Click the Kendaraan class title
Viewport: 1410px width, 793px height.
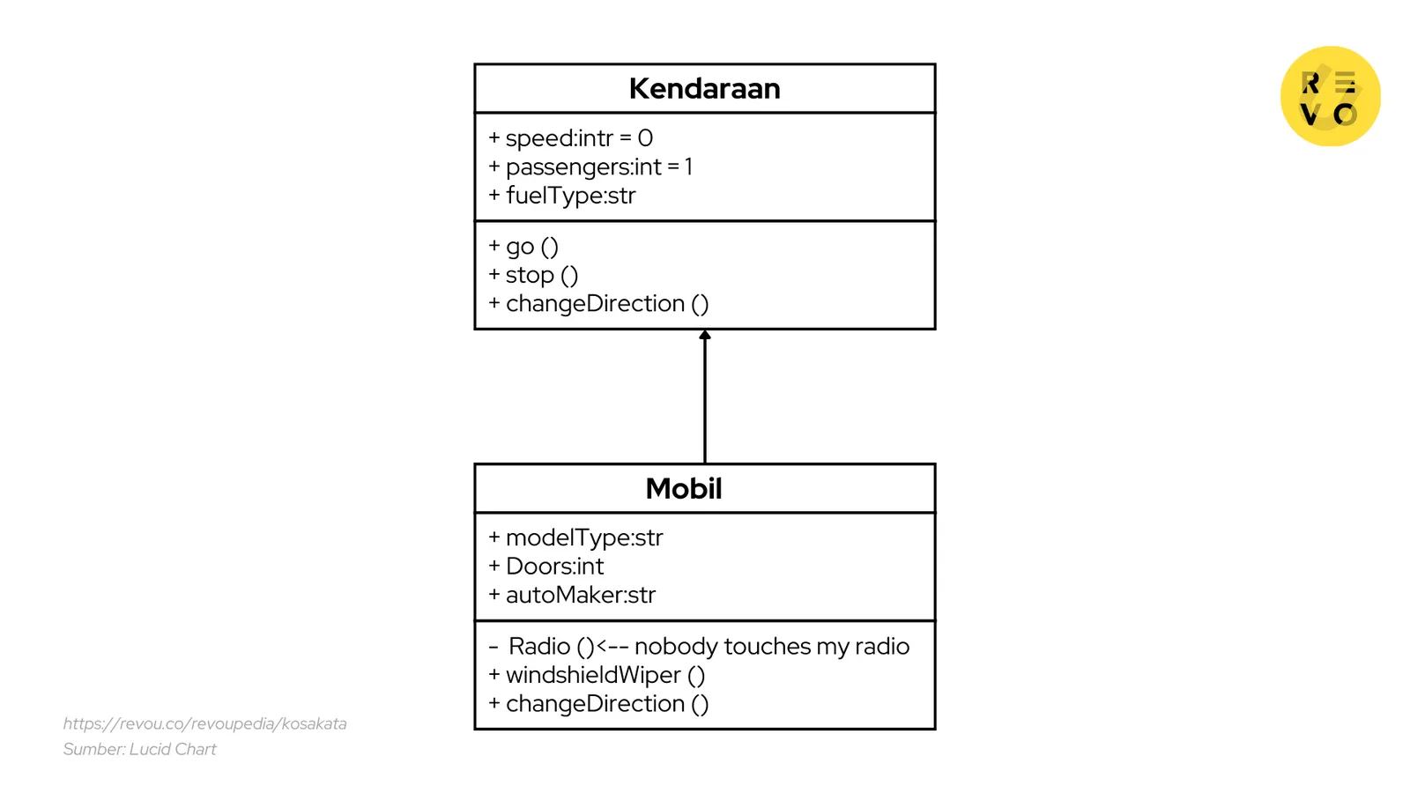704,89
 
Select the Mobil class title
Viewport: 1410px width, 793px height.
683,489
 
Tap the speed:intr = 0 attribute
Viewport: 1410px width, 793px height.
578,138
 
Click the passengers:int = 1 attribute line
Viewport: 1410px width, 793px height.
598,167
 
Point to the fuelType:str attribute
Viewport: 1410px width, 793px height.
570,196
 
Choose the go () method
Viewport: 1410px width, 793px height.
531,247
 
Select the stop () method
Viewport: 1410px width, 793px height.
541,276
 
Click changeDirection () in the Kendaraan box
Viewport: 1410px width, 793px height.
606,304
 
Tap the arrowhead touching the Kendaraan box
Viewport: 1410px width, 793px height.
705,335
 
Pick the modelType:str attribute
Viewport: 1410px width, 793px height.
583,537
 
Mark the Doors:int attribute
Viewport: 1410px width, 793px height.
554,567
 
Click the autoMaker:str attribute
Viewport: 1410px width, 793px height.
580,596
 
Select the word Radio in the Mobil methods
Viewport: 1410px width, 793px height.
539,647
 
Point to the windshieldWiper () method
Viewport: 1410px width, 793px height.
605,676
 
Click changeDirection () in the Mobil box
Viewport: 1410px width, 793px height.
606,704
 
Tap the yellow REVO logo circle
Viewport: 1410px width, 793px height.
1330,96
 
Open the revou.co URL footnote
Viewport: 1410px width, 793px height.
204,724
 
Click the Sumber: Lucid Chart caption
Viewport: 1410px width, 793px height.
139,750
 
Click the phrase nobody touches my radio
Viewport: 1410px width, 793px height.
771,647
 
